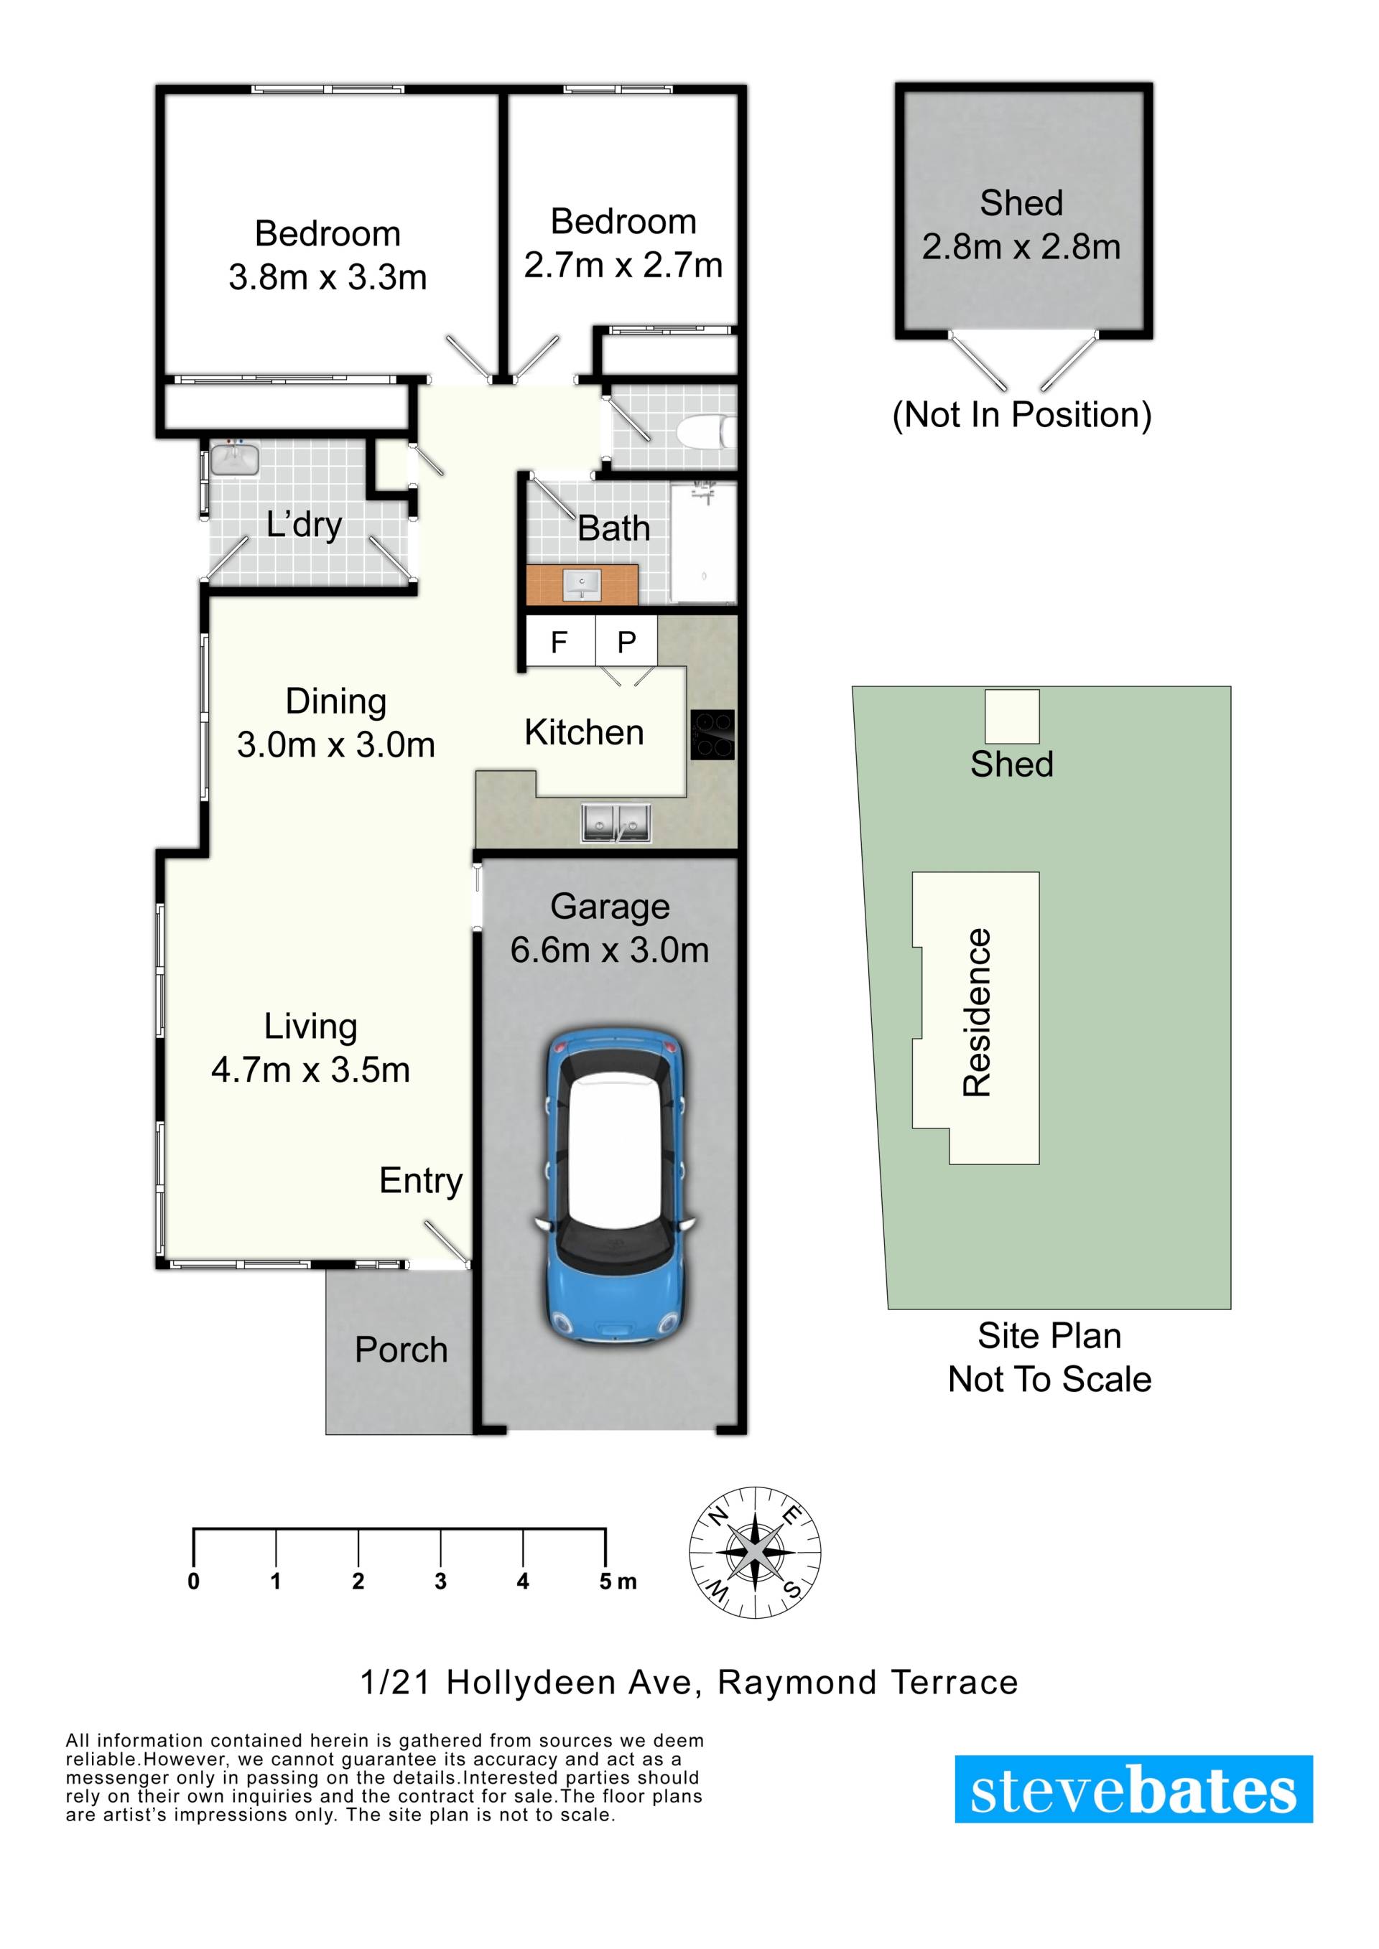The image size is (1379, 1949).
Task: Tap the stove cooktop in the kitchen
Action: [x=712, y=734]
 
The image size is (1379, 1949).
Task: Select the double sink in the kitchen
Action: [x=616, y=823]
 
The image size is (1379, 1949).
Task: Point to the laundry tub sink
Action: [x=235, y=459]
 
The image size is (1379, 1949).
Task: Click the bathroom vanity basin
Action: [x=582, y=584]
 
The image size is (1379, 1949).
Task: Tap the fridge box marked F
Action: [x=560, y=642]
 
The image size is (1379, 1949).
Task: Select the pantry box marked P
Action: [x=626, y=642]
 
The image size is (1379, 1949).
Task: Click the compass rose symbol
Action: [x=755, y=1553]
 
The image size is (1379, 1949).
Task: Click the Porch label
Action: [x=401, y=1350]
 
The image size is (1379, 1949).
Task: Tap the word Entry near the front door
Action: [x=421, y=1182]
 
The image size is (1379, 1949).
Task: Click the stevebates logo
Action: [x=1133, y=1790]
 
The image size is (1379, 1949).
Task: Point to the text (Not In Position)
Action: [x=1021, y=415]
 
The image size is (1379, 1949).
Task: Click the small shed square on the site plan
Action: [x=1011, y=716]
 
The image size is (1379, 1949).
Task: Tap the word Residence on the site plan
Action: [x=978, y=1013]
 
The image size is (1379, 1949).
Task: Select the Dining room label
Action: [x=336, y=701]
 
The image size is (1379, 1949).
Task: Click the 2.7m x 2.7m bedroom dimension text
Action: [x=623, y=266]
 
